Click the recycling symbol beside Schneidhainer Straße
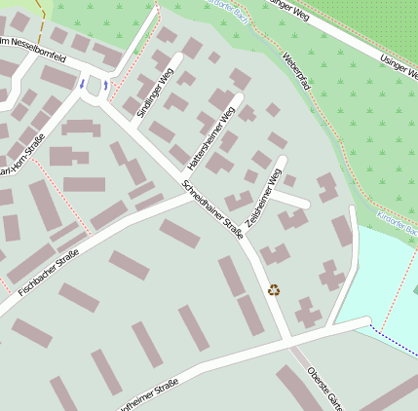pyautogui.click(x=274, y=289)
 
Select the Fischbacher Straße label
pyautogui.click(x=48, y=272)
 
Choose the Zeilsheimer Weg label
pyautogui.click(x=264, y=198)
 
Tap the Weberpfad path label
pyautogui.click(x=296, y=71)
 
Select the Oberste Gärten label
pyautogui.click(x=324, y=389)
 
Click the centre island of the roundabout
pyautogui.click(x=95, y=87)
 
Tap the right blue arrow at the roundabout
pyautogui.click(x=106, y=86)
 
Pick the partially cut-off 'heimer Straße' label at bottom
pyautogui.click(x=146, y=396)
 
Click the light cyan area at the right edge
pyautogui.click(x=385, y=273)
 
